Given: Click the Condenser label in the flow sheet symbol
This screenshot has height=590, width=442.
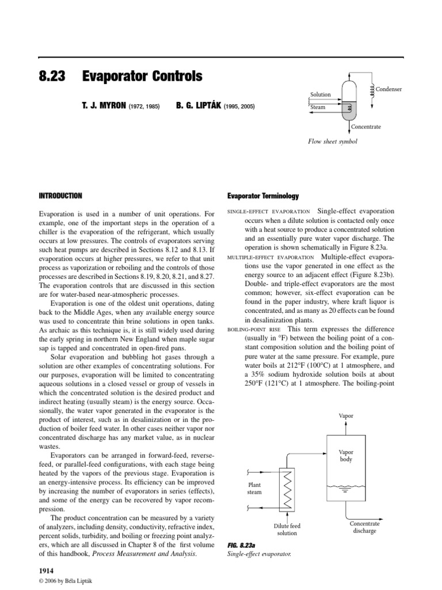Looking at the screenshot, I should tap(388, 89).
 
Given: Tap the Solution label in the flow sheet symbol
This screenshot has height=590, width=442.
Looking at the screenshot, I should tap(321, 94).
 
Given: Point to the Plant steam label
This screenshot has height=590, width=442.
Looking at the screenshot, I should tap(254, 489).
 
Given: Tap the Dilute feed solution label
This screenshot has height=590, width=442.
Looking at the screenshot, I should tap(285, 530).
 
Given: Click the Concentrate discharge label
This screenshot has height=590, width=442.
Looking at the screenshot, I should tap(365, 527).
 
